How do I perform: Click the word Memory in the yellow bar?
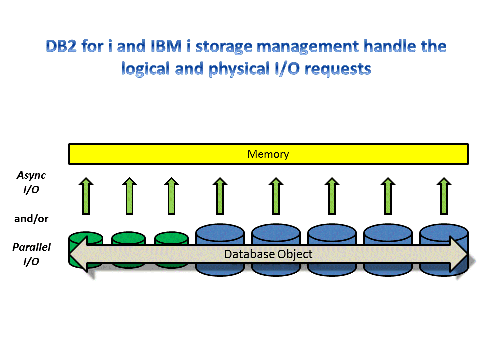point(268,154)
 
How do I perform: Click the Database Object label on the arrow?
point(268,254)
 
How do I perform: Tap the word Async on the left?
point(31,175)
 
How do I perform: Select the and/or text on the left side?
point(32,218)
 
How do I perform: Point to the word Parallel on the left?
point(32,247)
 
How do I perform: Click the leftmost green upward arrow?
point(86,196)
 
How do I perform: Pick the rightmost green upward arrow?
point(443,196)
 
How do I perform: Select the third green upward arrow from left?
point(171,196)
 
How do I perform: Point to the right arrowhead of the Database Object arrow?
point(459,255)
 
